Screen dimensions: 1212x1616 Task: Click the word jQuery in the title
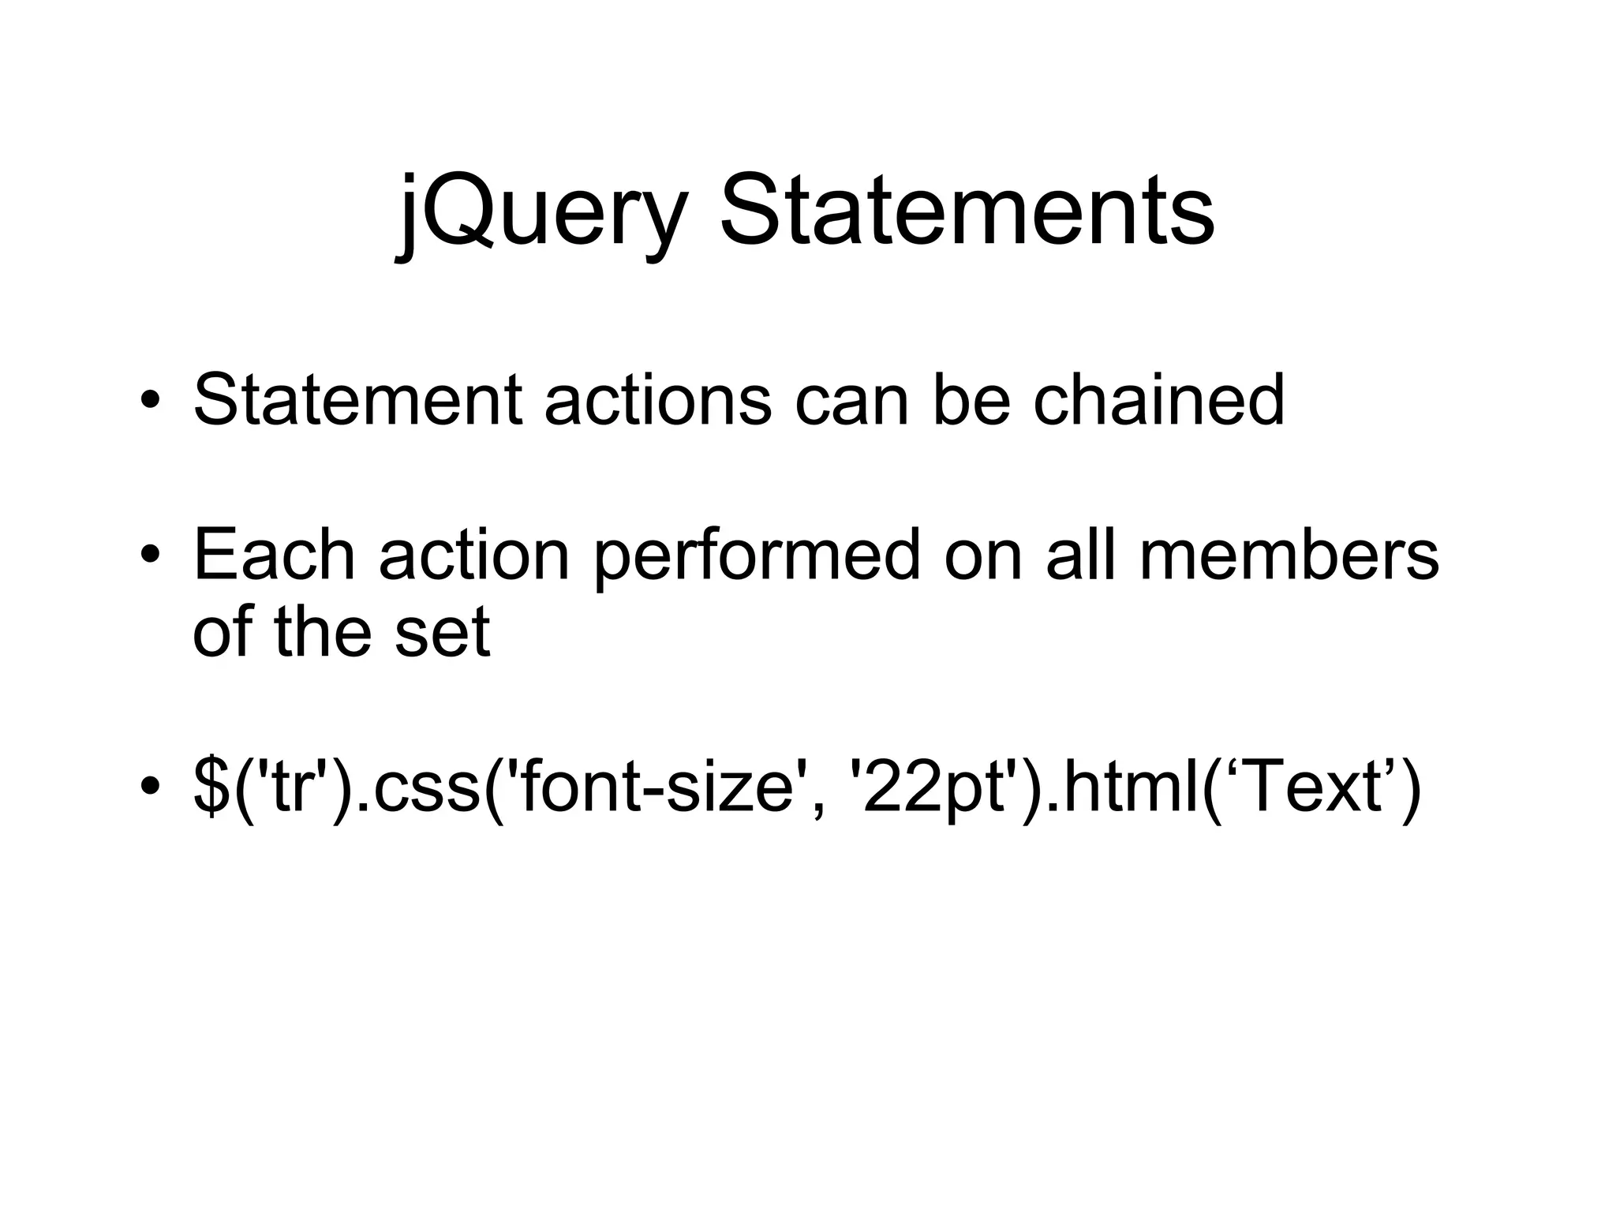click(541, 211)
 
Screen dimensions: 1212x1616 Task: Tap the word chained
click(1159, 400)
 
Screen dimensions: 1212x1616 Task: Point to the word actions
click(658, 400)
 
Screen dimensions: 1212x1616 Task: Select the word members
click(1289, 555)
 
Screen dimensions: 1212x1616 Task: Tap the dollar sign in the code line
click(211, 788)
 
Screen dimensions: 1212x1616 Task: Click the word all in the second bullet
click(1080, 555)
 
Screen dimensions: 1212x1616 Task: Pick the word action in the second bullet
click(473, 555)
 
